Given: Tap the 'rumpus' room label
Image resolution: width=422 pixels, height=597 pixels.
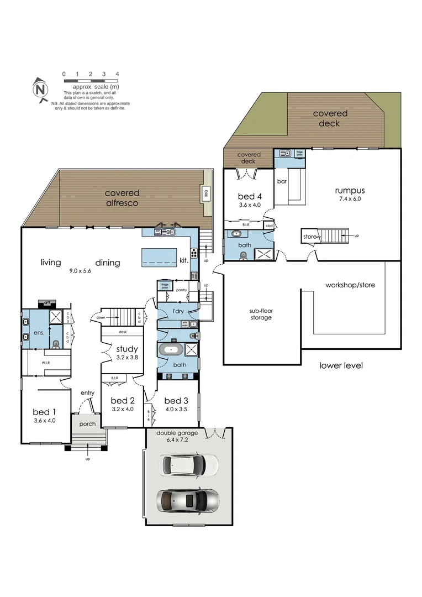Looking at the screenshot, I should [349, 191].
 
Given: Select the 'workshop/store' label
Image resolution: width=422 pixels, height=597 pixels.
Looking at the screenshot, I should [350, 285].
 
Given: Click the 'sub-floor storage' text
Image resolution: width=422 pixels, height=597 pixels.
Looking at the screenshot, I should [260, 314].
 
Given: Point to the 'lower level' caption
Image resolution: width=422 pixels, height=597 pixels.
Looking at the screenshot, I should [341, 365].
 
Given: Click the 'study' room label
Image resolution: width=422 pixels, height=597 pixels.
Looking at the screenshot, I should [126, 348].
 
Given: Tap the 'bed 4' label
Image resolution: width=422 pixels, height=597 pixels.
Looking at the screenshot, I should [250, 196].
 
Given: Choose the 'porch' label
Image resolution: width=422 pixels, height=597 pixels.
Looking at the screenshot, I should [87, 424].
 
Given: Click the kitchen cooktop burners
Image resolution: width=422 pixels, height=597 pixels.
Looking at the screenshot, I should [194, 254].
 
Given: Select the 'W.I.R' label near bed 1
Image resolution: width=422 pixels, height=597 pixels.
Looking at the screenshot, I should [46, 363].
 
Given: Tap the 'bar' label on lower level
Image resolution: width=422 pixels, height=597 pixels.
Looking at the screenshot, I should [281, 181].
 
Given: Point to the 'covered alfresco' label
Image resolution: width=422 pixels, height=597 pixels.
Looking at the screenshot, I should [122, 198].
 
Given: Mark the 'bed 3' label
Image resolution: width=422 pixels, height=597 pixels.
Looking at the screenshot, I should [173, 401].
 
